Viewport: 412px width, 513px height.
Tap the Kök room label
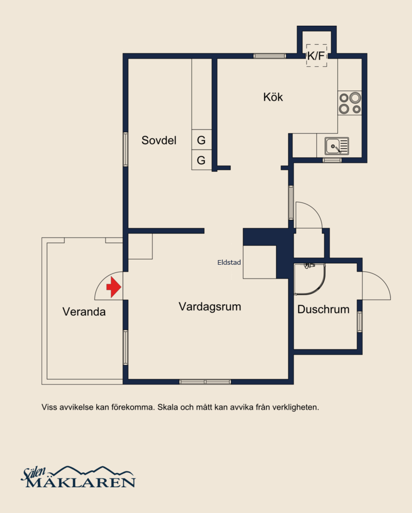(273, 97)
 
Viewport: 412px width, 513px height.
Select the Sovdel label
(159, 140)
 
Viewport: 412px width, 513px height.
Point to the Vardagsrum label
(210, 307)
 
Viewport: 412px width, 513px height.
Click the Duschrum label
(323, 309)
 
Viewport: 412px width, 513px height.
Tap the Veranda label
(84, 312)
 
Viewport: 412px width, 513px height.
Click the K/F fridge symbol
(316, 56)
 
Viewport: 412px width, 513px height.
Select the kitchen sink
(337, 146)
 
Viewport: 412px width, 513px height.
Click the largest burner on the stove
(355, 98)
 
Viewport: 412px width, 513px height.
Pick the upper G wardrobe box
(201, 140)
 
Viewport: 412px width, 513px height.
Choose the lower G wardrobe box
(201, 160)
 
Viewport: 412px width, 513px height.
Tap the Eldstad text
(229, 262)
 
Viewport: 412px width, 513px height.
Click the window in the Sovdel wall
(125, 149)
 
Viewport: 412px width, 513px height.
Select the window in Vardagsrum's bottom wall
(205, 382)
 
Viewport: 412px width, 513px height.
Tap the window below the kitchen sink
(332, 160)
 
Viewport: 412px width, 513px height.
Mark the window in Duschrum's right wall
(360, 322)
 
